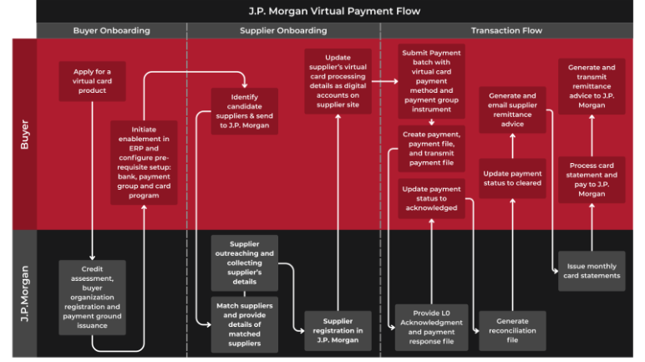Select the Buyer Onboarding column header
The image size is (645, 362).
(x=111, y=31)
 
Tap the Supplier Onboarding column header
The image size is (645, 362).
(x=283, y=31)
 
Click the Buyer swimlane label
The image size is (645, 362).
(x=24, y=134)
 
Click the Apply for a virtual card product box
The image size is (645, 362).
(x=91, y=80)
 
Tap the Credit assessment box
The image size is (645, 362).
(x=92, y=296)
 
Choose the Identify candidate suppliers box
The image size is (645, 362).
(x=244, y=110)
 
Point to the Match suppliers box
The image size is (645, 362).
(x=244, y=323)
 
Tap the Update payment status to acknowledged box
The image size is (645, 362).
(x=431, y=198)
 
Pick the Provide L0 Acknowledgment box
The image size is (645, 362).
(x=431, y=326)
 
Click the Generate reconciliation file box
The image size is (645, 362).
(x=512, y=331)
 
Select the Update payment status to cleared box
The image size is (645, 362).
(x=512, y=178)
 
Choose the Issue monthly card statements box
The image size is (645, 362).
(x=591, y=271)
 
